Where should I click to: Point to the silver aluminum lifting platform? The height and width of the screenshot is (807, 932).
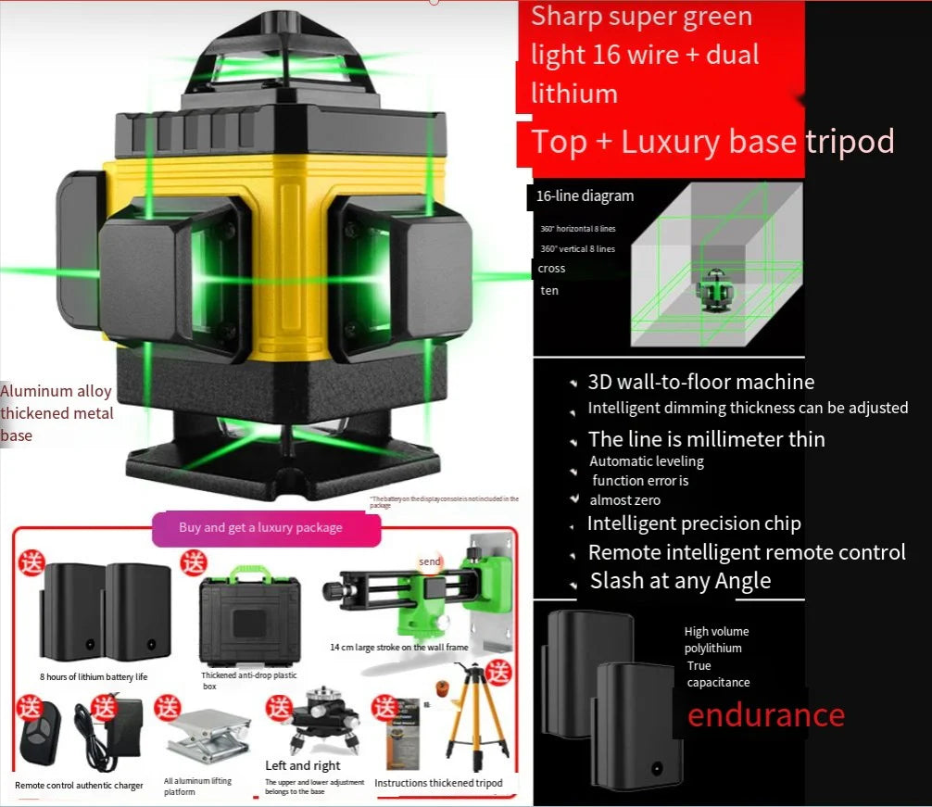tap(208, 736)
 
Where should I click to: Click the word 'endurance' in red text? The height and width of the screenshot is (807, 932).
tap(765, 715)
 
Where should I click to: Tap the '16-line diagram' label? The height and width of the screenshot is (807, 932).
tap(585, 195)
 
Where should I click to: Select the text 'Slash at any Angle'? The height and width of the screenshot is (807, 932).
tap(680, 581)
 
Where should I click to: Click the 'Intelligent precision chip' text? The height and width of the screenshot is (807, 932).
tap(694, 523)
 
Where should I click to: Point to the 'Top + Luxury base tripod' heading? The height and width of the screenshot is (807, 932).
tap(712, 142)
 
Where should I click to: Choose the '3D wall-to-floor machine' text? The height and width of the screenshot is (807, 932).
tap(700, 382)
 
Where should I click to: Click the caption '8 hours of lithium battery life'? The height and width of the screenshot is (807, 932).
tap(94, 677)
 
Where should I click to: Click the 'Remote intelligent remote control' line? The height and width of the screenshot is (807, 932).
tap(747, 552)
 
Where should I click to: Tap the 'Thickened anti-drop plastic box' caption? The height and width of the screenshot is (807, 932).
tap(249, 681)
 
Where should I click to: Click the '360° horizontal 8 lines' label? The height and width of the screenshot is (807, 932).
tap(577, 229)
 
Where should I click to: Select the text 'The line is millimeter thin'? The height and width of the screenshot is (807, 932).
tap(706, 439)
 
